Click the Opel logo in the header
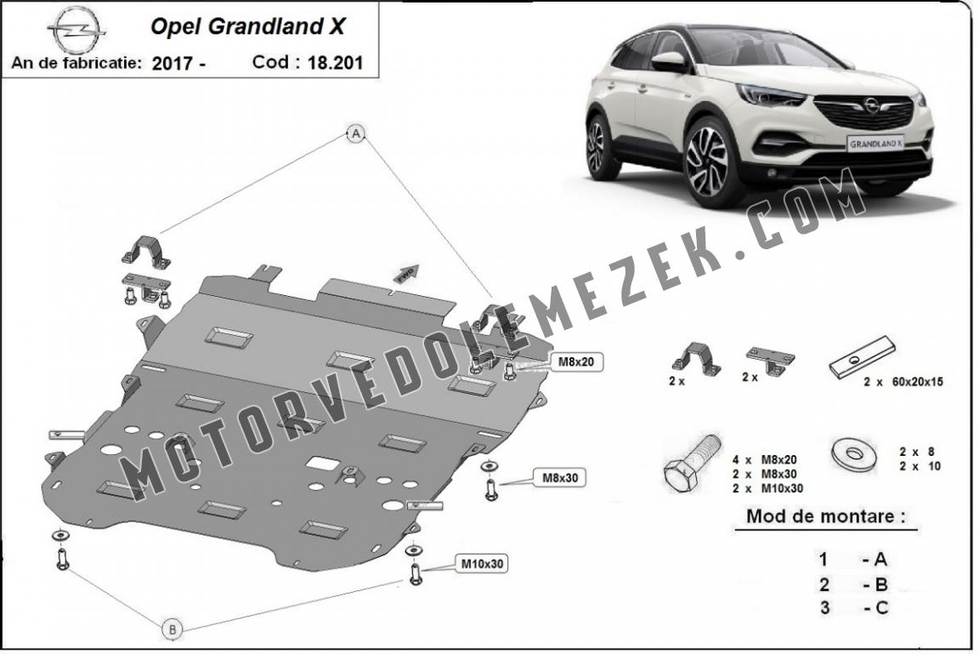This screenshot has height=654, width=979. click(x=76, y=31)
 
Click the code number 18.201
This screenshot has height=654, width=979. click(x=335, y=62)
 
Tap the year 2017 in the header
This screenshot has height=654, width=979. click(x=173, y=63)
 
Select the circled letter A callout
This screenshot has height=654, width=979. click(x=356, y=133)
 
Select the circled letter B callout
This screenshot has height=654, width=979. click(x=173, y=629)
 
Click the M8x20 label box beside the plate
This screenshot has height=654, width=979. click(x=575, y=361)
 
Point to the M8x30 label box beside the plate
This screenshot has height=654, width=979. click(x=559, y=478)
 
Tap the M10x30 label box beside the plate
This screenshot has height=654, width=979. click(x=481, y=564)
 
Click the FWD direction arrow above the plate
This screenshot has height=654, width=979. click(x=406, y=271)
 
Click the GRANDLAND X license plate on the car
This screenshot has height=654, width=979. click(x=876, y=144)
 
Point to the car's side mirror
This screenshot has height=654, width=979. click(x=669, y=61)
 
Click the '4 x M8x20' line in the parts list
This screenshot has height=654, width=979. click(x=765, y=460)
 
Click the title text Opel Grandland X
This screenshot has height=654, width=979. click(x=247, y=26)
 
